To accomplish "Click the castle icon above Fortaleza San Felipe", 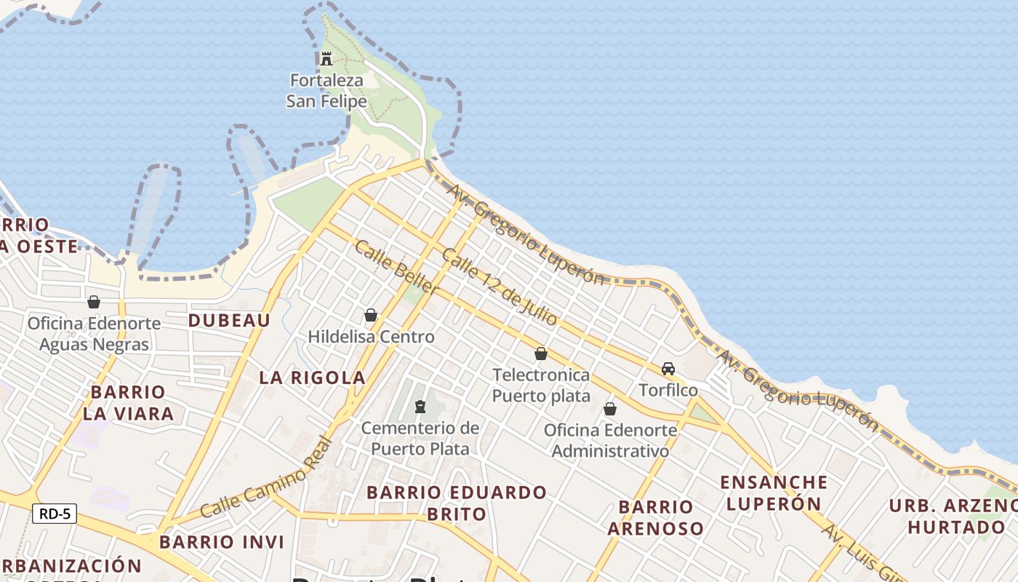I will [x=326, y=59].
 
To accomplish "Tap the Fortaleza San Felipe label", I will [x=326, y=91].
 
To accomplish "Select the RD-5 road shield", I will [x=55, y=514].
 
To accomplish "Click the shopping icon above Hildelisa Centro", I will [x=371, y=315].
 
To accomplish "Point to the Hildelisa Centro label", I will [x=371, y=337].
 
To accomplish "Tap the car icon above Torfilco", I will [x=668, y=369].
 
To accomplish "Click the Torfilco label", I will [x=668, y=391].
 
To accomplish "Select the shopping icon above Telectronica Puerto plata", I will [x=541, y=354].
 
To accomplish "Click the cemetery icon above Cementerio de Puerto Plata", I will [x=420, y=406].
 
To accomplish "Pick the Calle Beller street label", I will [x=397, y=267].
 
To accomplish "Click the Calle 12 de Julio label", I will [x=500, y=287].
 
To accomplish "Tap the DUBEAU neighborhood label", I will [x=229, y=321].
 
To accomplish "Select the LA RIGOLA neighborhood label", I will [x=313, y=378].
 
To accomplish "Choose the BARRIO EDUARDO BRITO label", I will [x=456, y=503].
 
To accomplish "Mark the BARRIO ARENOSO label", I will [x=655, y=517].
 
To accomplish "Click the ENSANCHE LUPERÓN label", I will [x=774, y=493].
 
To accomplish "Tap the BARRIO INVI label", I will [x=222, y=542].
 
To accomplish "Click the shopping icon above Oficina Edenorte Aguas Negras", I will [x=94, y=302].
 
